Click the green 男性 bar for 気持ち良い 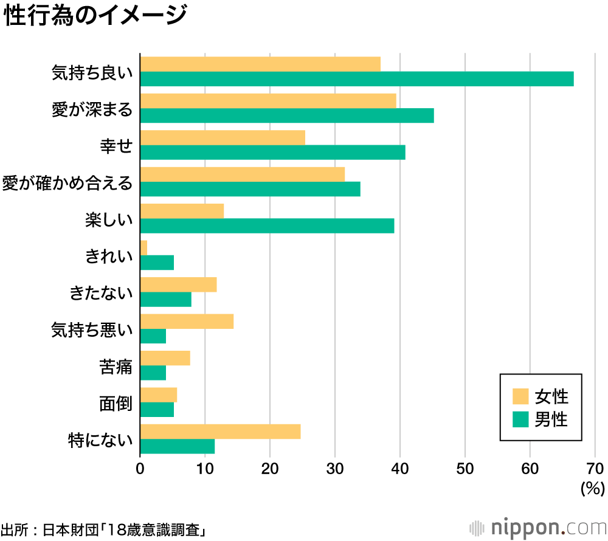point(357,79)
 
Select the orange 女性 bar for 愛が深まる point(268,101)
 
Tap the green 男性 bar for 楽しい point(267,226)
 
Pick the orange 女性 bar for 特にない point(220,432)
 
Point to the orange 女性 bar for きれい point(143,248)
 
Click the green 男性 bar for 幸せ point(272,153)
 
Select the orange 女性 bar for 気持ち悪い point(187,322)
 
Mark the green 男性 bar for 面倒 point(157,410)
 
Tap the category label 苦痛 point(116,367)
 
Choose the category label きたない point(101,293)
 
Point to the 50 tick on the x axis point(465,469)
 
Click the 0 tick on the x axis point(140,469)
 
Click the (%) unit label point(592,488)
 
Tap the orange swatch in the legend point(520,397)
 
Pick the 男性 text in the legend point(551,419)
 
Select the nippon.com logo point(537,526)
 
